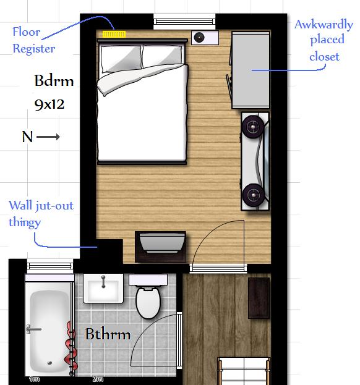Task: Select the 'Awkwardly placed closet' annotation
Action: (324, 41)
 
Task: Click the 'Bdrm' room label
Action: (54, 81)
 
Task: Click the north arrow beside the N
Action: (48, 137)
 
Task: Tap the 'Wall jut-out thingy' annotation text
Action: (40, 213)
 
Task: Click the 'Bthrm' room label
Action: (108, 334)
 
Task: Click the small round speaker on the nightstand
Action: (200, 38)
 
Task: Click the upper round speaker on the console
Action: (253, 127)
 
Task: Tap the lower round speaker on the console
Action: (253, 195)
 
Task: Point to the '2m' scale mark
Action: (97, 379)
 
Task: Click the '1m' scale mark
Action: (35, 379)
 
